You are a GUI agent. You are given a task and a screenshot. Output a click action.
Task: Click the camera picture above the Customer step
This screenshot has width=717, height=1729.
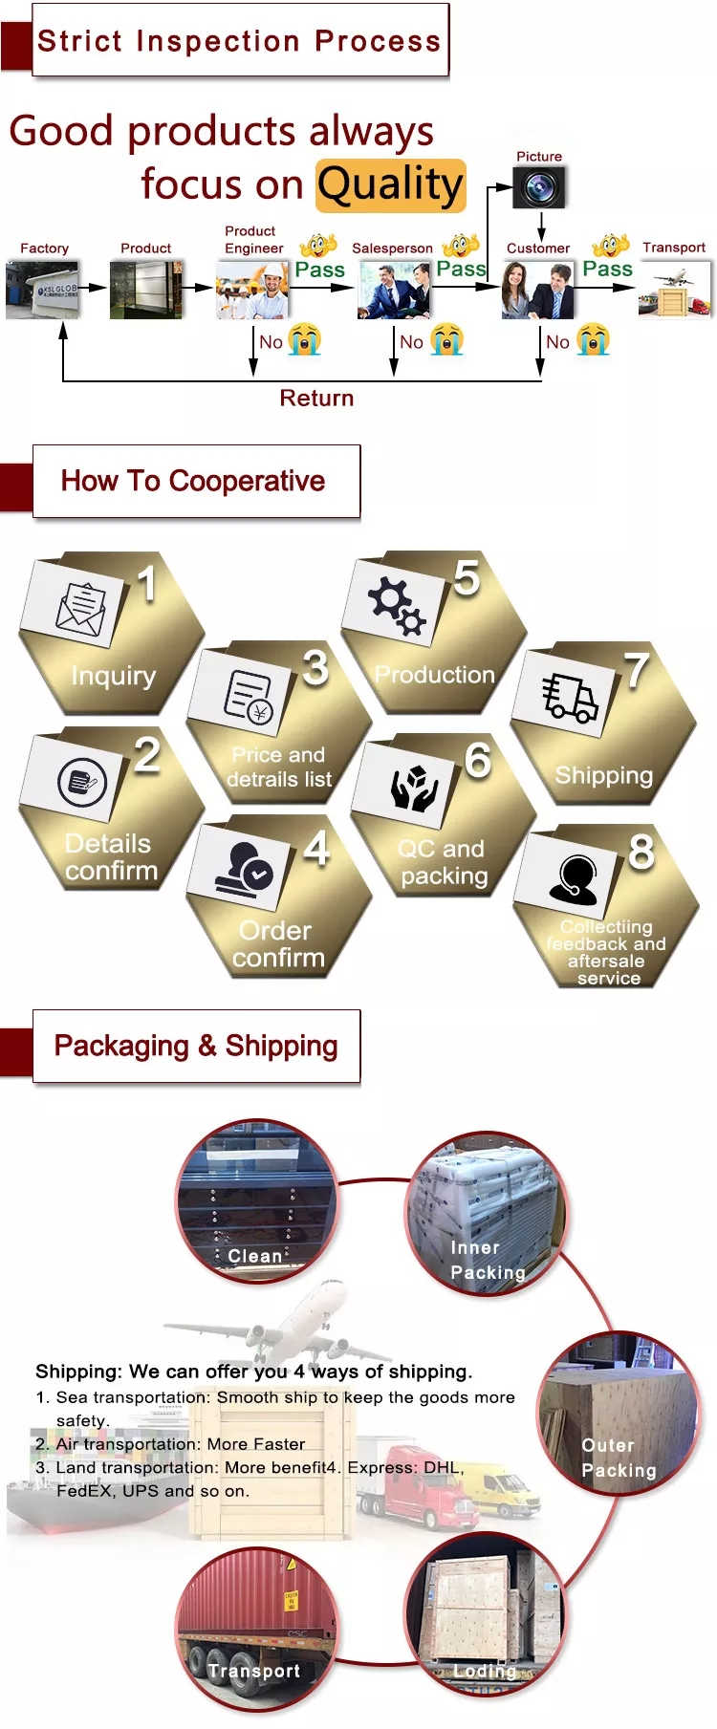click(x=539, y=187)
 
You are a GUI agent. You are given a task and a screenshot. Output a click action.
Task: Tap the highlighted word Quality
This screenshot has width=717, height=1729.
click(x=390, y=185)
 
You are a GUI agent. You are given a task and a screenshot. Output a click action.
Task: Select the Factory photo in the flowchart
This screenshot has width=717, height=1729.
click(x=42, y=289)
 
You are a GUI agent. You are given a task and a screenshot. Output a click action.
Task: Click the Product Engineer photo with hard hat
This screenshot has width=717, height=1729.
click(x=252, y=290)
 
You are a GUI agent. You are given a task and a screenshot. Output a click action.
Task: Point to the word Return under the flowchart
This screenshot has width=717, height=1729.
click(x=316, y=399)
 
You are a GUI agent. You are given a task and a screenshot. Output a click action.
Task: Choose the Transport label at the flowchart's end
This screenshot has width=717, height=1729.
click(x=674, y=248)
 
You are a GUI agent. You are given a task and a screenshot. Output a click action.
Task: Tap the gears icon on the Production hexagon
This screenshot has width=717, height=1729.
click(x=397, y=604)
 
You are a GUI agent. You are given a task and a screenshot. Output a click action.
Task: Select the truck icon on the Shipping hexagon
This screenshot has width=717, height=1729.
click(x=570, y=697)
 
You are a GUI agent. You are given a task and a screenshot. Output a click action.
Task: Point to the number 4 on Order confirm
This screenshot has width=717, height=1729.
click(x=316, y=848)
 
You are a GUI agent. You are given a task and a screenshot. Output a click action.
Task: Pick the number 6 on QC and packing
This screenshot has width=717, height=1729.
click(x=478, y=761)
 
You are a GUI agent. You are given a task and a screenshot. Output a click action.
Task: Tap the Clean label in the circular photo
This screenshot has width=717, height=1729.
click(x=254, y=1256)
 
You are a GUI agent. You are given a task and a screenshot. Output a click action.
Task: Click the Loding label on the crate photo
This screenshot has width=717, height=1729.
click(x=485, y=1671)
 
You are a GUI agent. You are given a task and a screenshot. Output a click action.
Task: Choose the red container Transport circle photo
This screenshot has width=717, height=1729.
click(x=255, y=1630)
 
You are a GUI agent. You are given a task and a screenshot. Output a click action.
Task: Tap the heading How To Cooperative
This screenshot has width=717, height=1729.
click(x=193, y=481)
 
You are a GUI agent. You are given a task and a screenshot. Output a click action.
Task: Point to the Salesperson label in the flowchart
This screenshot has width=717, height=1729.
click(x=392, y=249)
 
